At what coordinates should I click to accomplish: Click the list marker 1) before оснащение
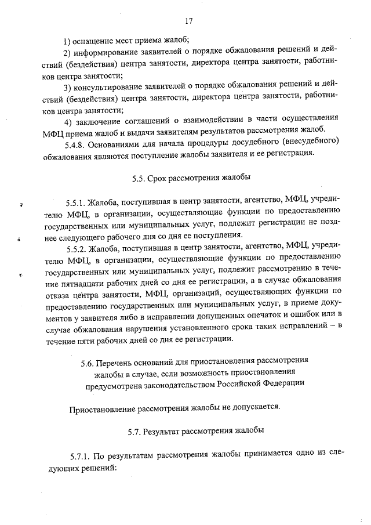click(x=67, y=40)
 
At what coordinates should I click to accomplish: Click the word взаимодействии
click(x=194, y=122)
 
